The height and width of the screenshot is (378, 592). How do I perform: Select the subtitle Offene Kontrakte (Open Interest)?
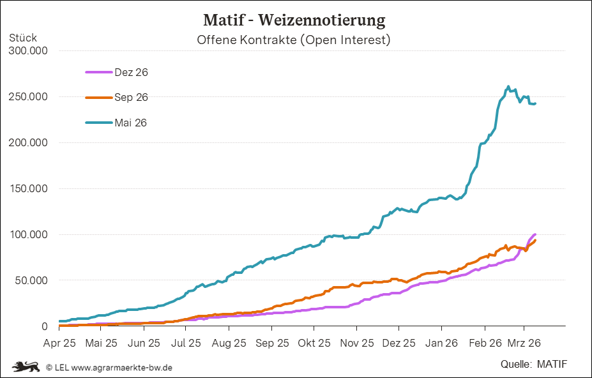[294, 40]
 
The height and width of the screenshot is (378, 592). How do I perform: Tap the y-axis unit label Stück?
[23, 38]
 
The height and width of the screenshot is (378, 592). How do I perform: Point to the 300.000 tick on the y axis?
[27, 51]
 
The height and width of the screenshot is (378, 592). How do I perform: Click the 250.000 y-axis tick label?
[27, 97]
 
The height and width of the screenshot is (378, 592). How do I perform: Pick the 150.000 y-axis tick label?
[27, 189]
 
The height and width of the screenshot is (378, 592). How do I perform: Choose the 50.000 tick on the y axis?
[29, 280]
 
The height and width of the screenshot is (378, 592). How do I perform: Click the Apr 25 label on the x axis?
[59, 343]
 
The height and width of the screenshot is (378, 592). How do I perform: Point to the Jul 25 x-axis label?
[186, 343]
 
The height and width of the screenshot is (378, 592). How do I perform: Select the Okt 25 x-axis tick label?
[314, 343]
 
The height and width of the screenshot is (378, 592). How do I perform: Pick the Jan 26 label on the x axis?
[442, 343]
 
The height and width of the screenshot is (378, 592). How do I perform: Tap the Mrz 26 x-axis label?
[524, 343]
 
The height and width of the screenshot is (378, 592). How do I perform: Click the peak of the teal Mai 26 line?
[508, 87]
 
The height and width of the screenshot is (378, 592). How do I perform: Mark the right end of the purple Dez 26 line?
[535, 234]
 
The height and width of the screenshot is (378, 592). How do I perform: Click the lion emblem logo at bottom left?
[26, 367]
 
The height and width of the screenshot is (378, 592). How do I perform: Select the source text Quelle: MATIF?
[534, 365]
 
